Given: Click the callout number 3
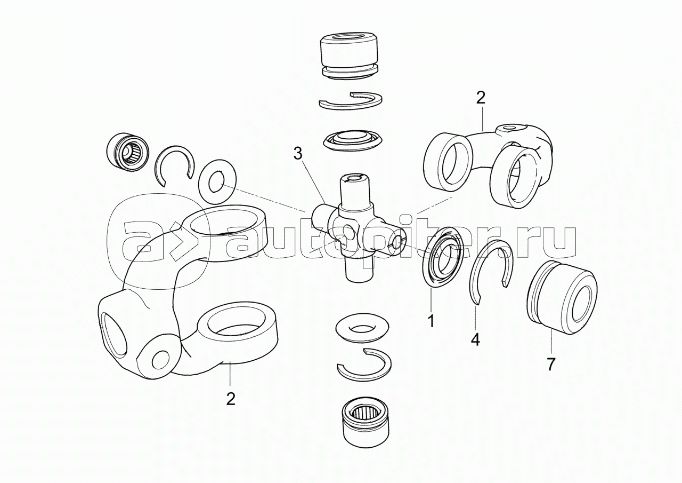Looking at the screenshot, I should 298,154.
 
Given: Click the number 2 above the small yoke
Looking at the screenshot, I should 481,98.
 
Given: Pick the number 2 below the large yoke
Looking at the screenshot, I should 230,399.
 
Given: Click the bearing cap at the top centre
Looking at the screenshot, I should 348,56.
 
